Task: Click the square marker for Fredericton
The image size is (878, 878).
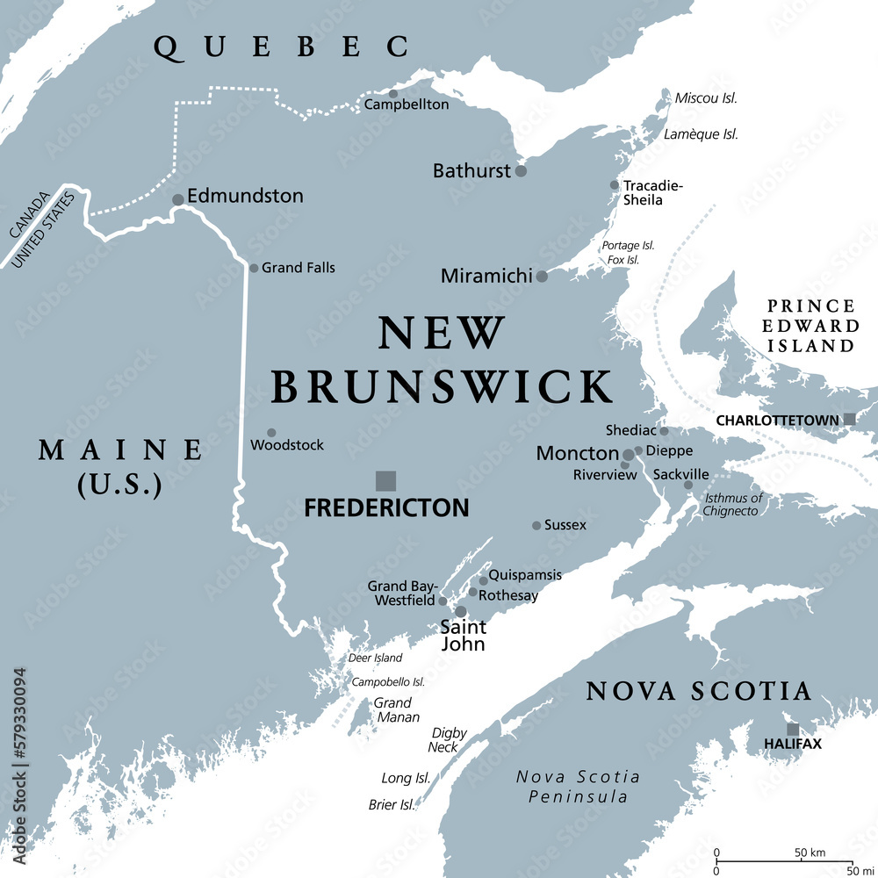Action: tap(385, 480)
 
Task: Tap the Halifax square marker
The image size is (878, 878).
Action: tap(793, 730)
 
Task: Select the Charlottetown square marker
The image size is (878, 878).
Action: tap(849, 420)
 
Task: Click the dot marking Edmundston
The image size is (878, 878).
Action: tap(178, 200)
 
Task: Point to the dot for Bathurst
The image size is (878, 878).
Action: tap(521, 171)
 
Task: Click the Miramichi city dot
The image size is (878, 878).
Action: tap(542, 276)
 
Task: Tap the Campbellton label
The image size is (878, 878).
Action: tap(407, 104)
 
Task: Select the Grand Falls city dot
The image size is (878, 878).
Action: tap(254, 268)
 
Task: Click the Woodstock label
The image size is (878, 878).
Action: tap(287, 445)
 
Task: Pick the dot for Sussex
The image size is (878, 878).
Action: tap(536, 525)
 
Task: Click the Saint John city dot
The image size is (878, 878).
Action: tap(460, 611)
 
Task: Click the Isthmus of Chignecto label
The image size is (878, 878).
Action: tap(733, 505)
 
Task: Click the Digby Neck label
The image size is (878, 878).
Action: tap(449, 739)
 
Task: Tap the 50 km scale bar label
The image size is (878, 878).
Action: tap(811, 853)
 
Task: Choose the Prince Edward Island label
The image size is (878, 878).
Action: tap(810, 326)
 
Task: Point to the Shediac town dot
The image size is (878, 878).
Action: tap(664, 431)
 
